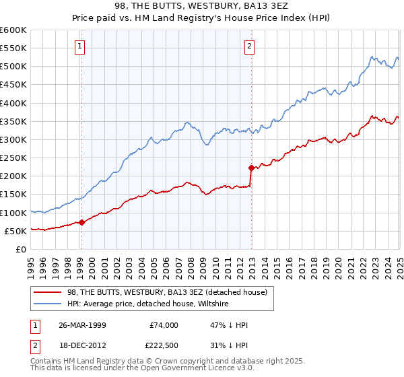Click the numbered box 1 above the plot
(80, 46)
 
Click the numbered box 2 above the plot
(249, 46)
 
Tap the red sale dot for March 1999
(81, 222)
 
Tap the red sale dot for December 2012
(251, 168)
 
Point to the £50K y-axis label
(15, 231)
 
